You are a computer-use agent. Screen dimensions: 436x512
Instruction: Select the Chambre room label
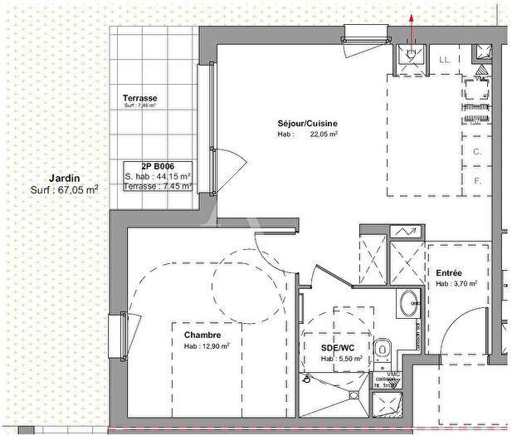point(202,335)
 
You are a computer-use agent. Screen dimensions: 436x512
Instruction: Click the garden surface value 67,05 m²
point(78,189)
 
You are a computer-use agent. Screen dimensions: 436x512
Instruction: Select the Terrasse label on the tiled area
point(139,98)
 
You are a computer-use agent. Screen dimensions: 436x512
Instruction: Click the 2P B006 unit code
point(158,166)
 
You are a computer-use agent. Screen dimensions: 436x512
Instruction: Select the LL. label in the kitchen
point(444,60)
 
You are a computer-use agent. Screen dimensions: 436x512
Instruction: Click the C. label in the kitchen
point(477,152)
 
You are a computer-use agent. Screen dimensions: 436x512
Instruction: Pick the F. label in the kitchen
point(477,180)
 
